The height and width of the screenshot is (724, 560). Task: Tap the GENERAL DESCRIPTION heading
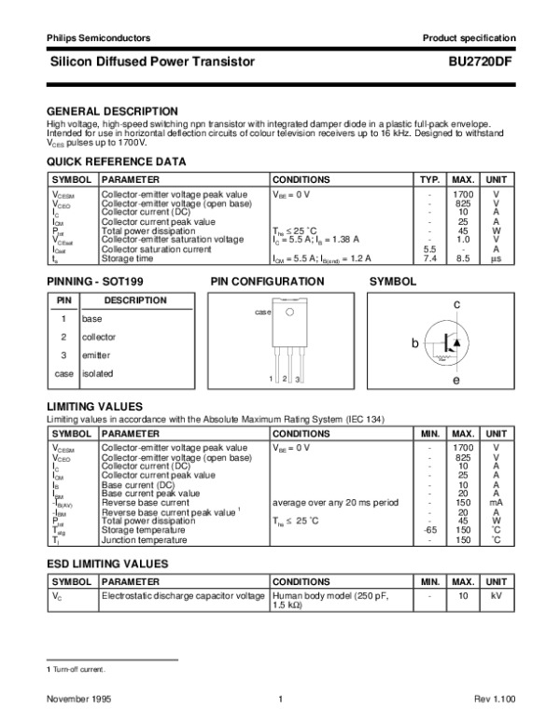(x=112, y=111)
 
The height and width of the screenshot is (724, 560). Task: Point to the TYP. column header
(x=429, y=179)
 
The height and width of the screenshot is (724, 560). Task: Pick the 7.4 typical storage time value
(x=429, y=258)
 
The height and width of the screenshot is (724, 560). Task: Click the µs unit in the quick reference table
(x=497, y=258)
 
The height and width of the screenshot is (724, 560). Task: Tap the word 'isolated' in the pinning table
(x=97, y=373)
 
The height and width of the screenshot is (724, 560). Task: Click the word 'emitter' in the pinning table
(x=96, y=355)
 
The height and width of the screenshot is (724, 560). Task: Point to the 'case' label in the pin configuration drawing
(x=262, y=312)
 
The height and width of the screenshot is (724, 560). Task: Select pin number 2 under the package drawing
(x=284, y=379)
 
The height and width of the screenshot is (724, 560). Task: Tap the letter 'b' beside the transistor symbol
(x=416, y=344)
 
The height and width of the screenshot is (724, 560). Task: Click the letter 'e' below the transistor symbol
(x=456, y=381)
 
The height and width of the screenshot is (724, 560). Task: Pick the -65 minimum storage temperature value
(x=429, y=531)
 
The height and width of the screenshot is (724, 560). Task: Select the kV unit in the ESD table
(x=497, y=594)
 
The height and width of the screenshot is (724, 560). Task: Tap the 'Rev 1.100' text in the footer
(x=494, y=700)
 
